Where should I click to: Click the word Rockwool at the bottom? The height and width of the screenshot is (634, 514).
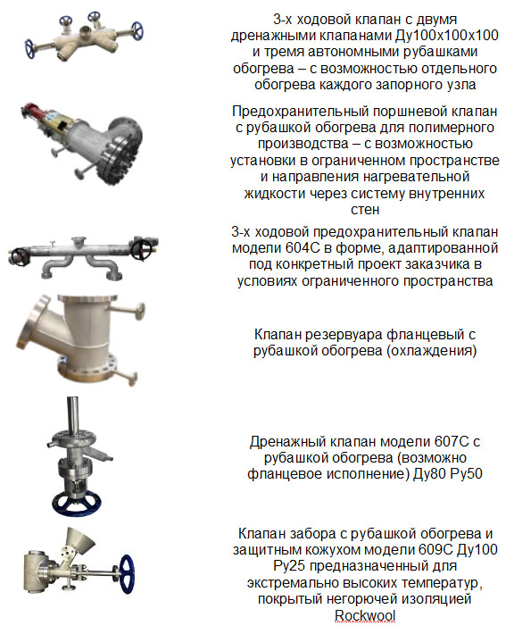(x=365, y=615)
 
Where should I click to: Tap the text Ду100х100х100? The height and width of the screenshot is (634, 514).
(x=447, y=35)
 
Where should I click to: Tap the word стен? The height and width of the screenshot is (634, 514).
(x=365, y=210)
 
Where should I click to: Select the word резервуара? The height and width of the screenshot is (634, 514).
(x=344, y=335)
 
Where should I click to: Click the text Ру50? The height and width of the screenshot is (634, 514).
(x=466, y=473)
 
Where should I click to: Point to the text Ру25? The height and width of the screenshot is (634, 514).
(x=289, y=565)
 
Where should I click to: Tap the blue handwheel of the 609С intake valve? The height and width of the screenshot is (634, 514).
(x=126, y=574)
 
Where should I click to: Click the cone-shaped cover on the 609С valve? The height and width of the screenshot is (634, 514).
(x=80, y=541)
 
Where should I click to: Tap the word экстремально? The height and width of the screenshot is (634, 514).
(x=295, y=582)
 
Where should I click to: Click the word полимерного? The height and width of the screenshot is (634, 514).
(x=452, y=128)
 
